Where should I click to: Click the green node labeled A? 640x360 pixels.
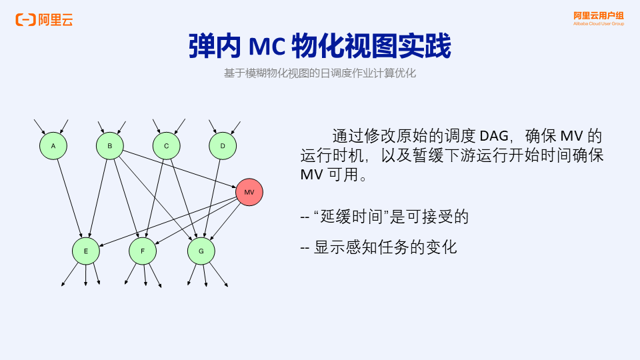click(53, 146)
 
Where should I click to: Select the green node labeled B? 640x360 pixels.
click(110, 146)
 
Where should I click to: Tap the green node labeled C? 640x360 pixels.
click(167, 146)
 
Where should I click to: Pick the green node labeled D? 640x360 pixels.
click(223, 146)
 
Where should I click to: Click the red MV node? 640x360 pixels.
click(249, 192)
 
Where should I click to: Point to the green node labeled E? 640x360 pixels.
click(86, 251)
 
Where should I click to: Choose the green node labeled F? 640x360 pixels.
click(143, 251)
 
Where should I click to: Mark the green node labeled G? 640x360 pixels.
click(201, 251)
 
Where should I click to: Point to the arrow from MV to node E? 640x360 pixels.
click(167, 223)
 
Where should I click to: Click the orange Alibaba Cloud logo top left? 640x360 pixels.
click(44, 20)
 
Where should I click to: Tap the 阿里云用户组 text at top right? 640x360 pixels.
click(599, 15)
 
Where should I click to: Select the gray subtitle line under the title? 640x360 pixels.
click(320, 73)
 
